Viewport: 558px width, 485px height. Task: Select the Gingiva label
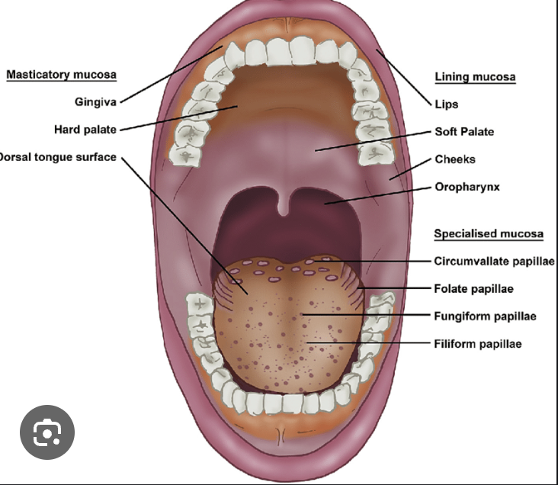95,101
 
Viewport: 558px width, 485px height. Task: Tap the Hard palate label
85,129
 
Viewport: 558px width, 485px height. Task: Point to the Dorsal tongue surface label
58,158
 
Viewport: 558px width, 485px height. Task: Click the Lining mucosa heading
475,77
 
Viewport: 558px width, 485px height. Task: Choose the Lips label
446,104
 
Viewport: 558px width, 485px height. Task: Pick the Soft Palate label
464,132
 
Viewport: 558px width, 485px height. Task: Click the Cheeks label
455,159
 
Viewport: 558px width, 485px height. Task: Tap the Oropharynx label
467,187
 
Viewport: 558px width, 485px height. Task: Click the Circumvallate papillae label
494,261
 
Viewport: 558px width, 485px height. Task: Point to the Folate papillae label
473,288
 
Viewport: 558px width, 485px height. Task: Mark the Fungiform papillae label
486,316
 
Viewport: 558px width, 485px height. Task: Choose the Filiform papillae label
478,344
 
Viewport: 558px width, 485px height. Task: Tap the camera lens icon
47,432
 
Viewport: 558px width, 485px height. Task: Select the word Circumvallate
467,261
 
